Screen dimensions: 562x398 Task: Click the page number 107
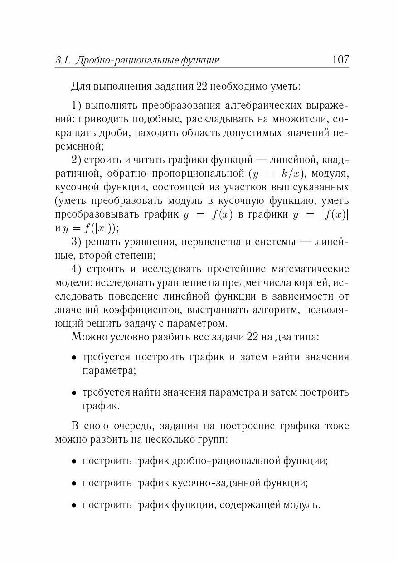pyautogui.click(x=340, y=59)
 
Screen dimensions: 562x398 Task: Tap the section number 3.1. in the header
pyautogui.click(x=63, y=60)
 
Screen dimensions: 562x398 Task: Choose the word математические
pyautogui.click(x=301, y=269)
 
